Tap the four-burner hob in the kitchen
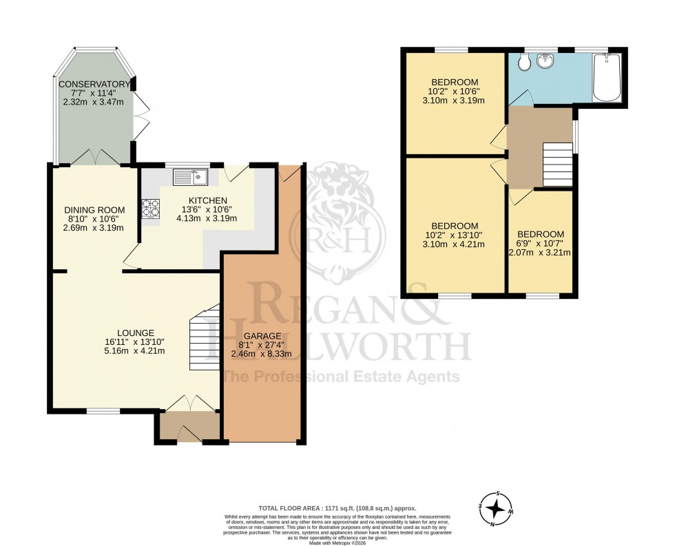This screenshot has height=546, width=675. tap(149, 209)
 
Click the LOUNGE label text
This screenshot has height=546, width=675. tap(135, 332)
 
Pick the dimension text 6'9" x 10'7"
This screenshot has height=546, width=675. tap(540, 243)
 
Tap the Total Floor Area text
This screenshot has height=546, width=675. tap(337, 507)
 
